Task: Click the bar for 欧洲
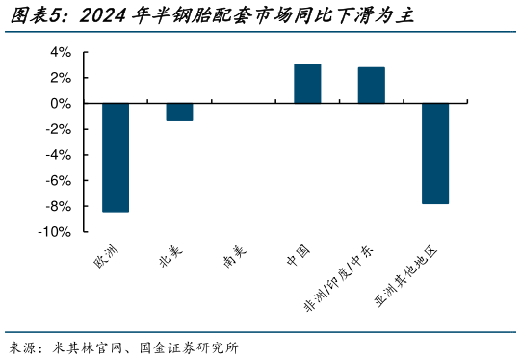(x=116, y=157)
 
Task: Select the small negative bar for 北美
(x=179, y=112)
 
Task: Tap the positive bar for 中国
(x=307, y=84)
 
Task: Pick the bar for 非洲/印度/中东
(x=371, y=86)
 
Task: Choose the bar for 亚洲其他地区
(x=435, y=153)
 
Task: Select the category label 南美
(x=234, y=257)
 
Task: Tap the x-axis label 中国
(x=298, y=255)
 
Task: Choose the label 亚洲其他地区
(x=405, y=276)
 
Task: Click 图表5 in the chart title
(x=35, y=16)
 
